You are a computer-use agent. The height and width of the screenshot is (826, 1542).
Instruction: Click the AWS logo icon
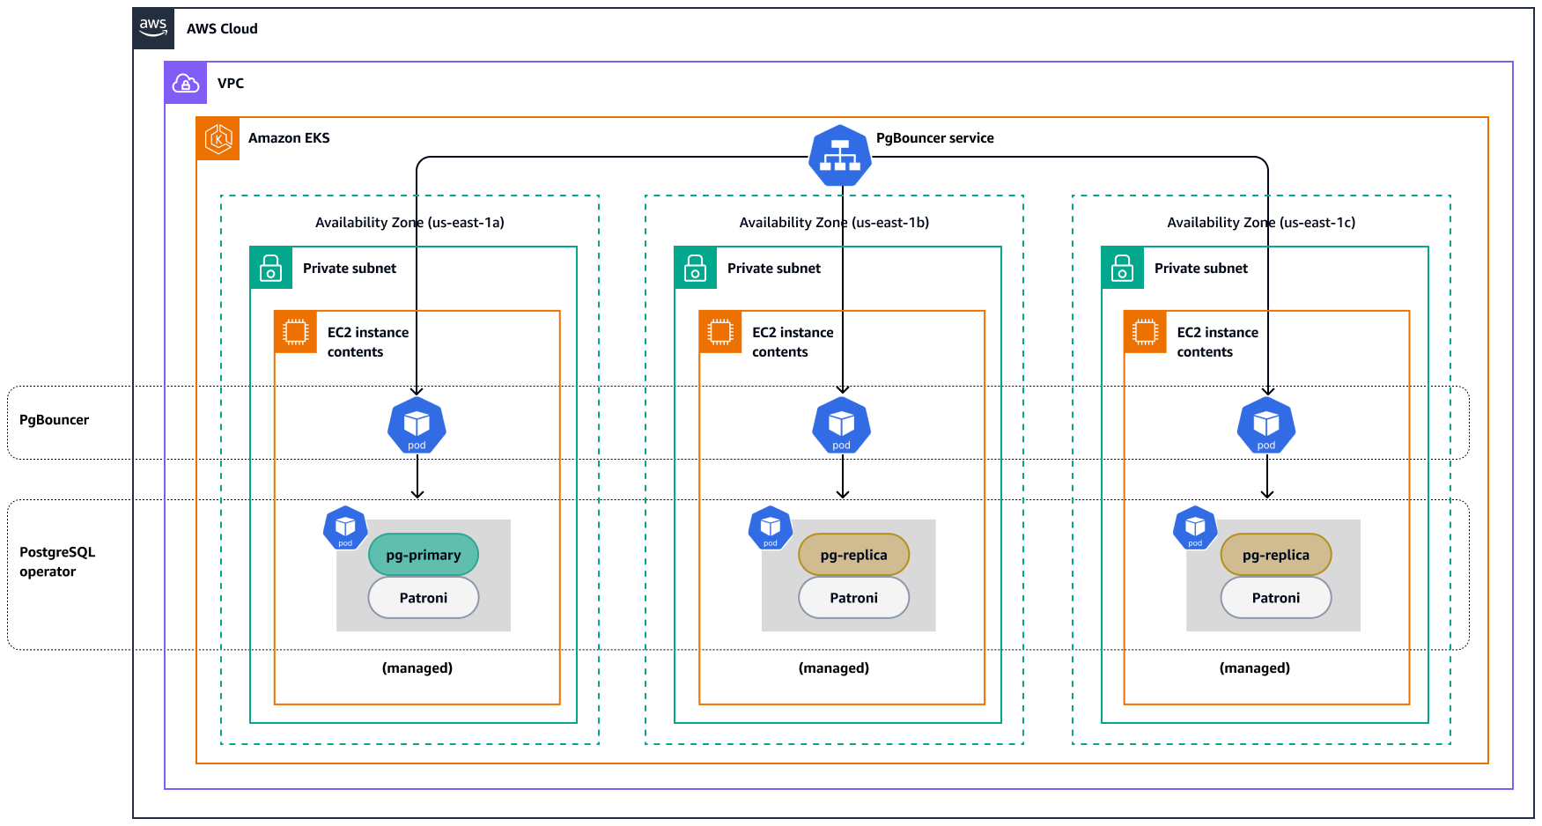pos(153,28)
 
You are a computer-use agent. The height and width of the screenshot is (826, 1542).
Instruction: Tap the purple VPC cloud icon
pos(186,84)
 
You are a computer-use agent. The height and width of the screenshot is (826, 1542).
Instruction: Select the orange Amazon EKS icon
pos(218,138)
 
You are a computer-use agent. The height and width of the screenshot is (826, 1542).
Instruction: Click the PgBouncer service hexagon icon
pos(840,156)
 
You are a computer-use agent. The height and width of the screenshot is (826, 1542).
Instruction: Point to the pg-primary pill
pos(423,555)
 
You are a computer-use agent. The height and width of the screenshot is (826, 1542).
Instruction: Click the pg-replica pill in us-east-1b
pos(853,555)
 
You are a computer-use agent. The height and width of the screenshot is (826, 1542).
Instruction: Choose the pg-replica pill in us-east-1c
pos(1275,555)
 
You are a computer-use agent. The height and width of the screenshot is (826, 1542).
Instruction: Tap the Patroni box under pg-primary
pos(423,598)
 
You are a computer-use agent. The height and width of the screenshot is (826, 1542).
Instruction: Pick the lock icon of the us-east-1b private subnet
pos(696,268)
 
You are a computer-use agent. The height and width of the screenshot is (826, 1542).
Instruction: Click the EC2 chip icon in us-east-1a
pos(295,332)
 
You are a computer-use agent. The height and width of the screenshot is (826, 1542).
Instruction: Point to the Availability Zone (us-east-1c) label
pos(1260,223)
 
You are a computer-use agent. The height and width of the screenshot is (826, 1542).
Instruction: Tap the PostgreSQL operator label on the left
pos(56,562)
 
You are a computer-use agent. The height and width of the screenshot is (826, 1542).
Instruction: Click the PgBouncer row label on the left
pos(54,420)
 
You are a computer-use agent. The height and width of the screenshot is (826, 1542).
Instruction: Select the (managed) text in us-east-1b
pos(833,668)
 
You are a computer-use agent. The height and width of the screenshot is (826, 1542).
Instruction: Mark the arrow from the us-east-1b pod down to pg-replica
pos(842,479)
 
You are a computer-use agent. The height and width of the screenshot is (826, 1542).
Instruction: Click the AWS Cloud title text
pos(222,29)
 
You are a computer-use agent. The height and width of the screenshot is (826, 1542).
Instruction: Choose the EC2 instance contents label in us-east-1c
pos(1217,342)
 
